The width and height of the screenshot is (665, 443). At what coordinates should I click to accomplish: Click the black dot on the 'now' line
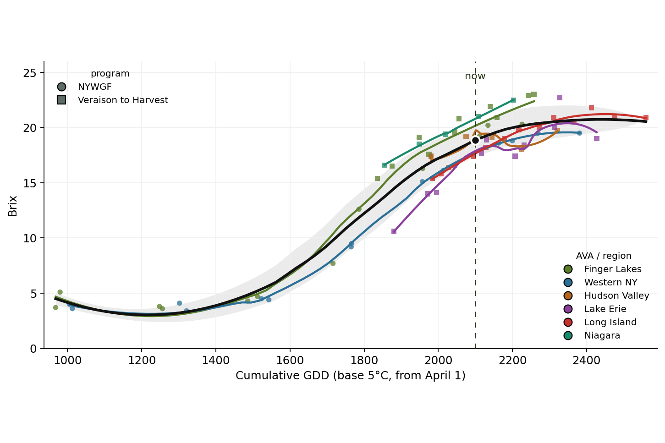[x=475, y=140]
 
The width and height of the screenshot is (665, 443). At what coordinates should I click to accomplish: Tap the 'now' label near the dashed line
[x=475, y=76]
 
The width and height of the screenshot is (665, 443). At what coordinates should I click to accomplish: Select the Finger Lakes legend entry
[x=602, y=269]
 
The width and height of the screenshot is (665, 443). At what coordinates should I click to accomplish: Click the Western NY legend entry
[x=600, y=283]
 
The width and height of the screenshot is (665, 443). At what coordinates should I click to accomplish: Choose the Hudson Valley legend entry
[x=606, y=296]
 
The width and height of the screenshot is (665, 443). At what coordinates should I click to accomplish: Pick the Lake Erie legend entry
[x=594, y=309]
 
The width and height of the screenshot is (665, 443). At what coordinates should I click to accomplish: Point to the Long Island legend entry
[x=600, y=322]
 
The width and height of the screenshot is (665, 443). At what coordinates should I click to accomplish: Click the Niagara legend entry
[x=592, y=336]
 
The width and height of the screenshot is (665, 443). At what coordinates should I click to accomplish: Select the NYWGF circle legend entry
[x=84, y=87]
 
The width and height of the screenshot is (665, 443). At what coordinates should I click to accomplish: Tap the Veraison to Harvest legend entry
[x=113, y=100]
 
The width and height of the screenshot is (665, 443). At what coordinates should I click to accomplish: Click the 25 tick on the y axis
[x=30, y=73]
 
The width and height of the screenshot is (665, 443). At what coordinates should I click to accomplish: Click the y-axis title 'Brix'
[x=13, y=206]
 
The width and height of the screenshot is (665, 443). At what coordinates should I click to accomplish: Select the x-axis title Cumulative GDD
[x=350, y=376]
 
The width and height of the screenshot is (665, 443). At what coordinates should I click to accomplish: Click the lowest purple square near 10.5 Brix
[x=394, y=231]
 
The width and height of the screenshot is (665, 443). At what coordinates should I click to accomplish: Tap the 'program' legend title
[x=110, y=74]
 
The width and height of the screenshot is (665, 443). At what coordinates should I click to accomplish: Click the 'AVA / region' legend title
[x=604, y=256]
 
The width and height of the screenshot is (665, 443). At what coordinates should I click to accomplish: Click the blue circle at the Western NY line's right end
[x=579, y=133]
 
